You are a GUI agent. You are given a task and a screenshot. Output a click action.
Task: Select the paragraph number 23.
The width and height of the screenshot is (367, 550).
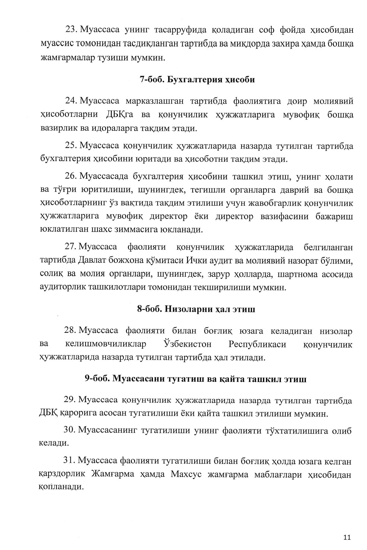71,30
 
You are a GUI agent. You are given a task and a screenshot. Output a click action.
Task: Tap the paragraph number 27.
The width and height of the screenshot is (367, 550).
71,247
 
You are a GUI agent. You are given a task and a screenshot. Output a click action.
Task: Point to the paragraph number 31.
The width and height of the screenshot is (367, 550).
69,461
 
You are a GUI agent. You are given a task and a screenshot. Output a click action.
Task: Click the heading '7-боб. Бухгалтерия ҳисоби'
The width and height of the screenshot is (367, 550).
198,79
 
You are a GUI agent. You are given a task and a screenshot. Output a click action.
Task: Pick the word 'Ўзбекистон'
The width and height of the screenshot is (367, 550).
187,344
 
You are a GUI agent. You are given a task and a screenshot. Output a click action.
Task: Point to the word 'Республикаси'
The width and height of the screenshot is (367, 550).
257,344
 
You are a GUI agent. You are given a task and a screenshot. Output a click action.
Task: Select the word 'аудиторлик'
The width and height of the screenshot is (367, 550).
63,288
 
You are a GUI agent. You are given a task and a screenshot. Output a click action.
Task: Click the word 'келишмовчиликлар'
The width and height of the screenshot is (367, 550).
106,344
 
